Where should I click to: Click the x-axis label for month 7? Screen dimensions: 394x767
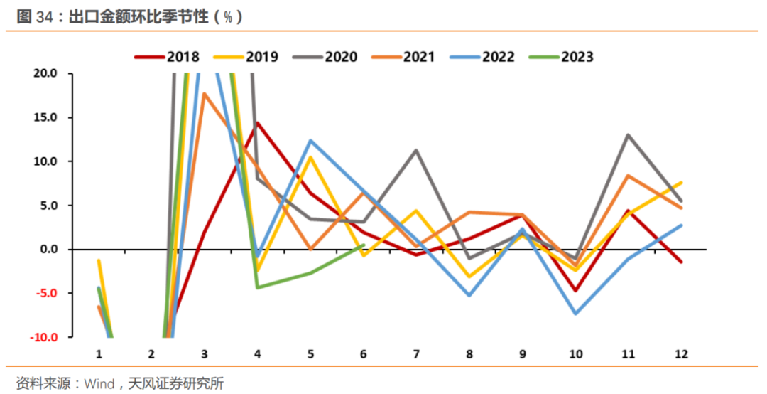tap(415, 353)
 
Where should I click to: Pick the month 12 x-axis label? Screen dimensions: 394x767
tap(681, 353)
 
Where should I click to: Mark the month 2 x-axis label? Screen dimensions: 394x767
tap(151, 353)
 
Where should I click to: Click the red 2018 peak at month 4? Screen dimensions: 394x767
tap(256, 123)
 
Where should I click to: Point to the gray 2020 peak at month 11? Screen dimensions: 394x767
tap(628, 135)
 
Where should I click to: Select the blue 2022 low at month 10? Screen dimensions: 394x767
tap(575, 314)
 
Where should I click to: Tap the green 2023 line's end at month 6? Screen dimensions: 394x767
tap(363, 245)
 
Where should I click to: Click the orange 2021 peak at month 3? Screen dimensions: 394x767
tap(205, 94)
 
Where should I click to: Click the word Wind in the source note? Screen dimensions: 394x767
tap(99, 384)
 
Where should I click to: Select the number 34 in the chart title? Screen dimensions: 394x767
tap(45, 17)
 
